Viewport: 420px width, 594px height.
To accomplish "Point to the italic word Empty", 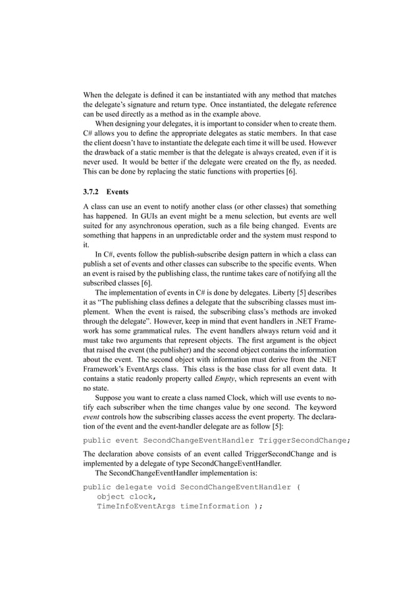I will point(214,377).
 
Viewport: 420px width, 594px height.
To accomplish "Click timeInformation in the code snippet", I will point(213,507).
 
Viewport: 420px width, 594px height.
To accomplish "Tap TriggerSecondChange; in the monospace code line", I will point(305,439).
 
